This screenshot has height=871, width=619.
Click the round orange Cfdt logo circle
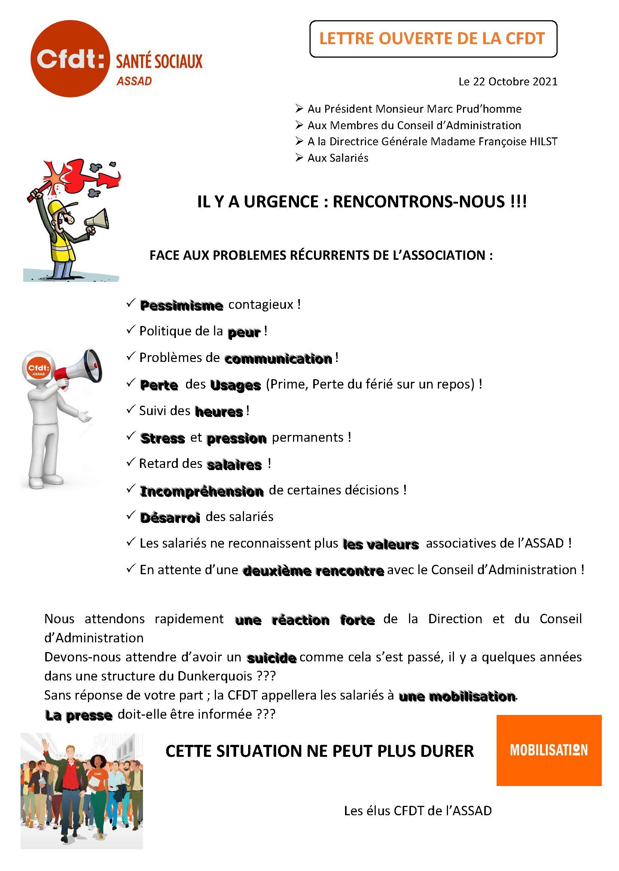pyautogui.click(x=70, y=59)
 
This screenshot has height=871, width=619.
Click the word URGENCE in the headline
pyautogui.click(x=281, y=202)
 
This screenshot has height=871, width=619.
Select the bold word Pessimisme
pyautogui.click(x=182, y=305)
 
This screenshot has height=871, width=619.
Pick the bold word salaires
pyautogui.click(x=234, y=465)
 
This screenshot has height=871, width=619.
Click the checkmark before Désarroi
pyautogui.click(x=131, y=515)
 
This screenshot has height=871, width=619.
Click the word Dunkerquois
pyautogui.click(x=215, y=676)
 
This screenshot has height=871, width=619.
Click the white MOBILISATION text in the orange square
pyautogui.click(x=549, y=750)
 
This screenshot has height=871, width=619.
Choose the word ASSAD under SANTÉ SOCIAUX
pyautogui.click(x=134, y=81)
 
